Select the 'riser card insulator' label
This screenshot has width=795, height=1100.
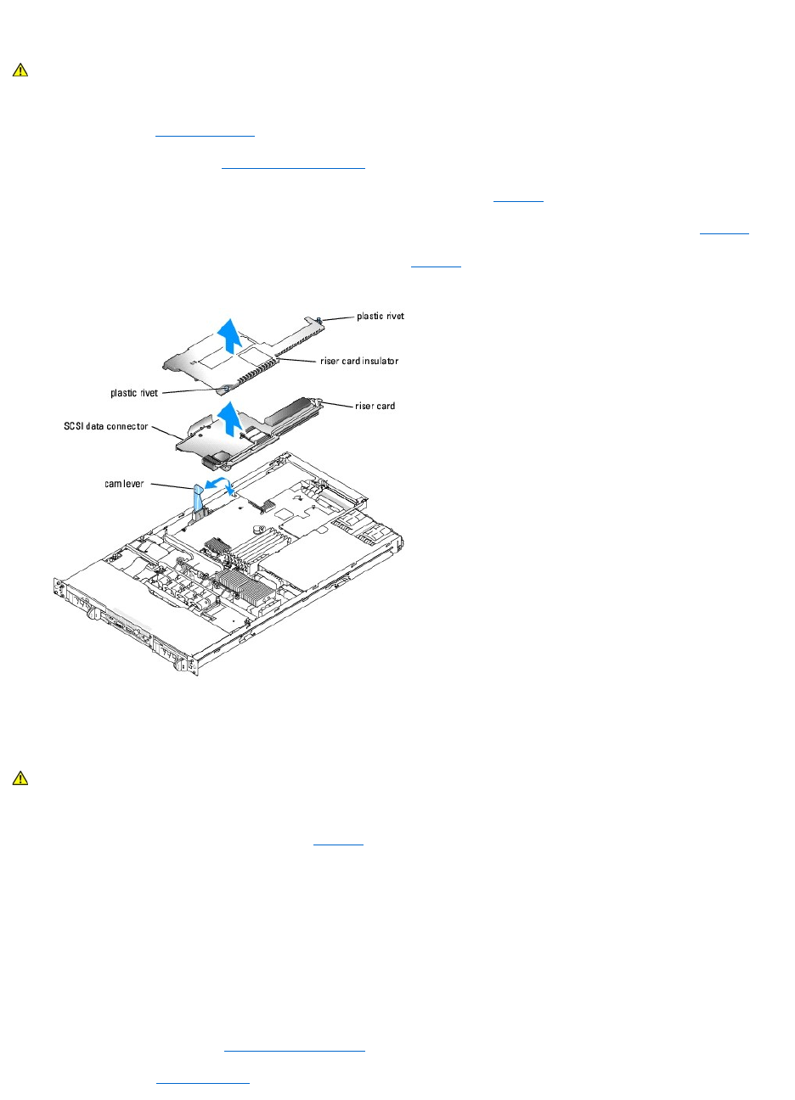click(359, 361)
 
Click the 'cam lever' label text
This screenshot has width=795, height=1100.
click(124, 484)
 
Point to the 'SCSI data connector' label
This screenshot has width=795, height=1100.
click(106, 426)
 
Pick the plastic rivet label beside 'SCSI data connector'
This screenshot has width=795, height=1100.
click(134, 393)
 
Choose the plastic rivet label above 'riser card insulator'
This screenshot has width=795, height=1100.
click(381, 316)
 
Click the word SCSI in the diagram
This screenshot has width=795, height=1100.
click(74, 426)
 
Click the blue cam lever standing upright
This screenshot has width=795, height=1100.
click(200, 501)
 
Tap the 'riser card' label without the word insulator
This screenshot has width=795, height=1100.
click(375, 406)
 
